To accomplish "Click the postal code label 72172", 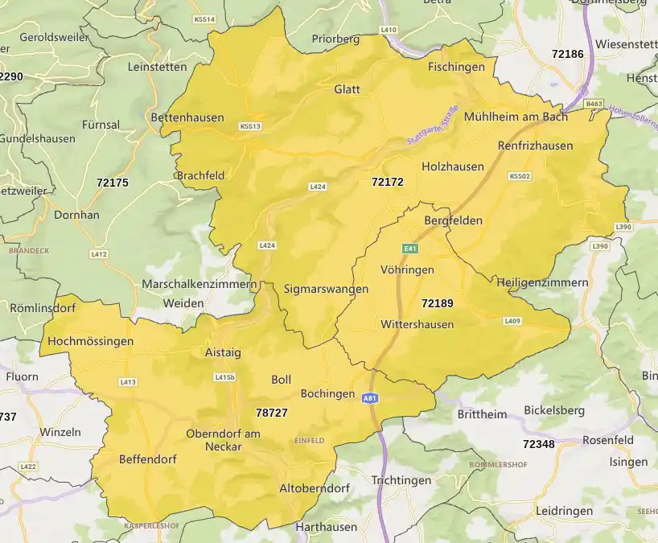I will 388,182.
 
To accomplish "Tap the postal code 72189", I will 438,303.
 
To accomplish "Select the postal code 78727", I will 272,412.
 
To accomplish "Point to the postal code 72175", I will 112,183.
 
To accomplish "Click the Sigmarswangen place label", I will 326,289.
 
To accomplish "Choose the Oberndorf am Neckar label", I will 223,440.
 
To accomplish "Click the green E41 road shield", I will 411,249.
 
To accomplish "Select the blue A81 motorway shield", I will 370,398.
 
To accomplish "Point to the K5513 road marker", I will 250,126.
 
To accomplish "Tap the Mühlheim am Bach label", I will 516,117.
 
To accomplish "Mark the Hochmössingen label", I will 91,341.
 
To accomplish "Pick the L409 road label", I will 512,321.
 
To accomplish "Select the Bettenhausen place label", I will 187,117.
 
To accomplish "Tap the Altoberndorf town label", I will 314,488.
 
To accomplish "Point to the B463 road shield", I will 594,104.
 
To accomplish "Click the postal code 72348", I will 538,444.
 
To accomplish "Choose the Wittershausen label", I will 417,324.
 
